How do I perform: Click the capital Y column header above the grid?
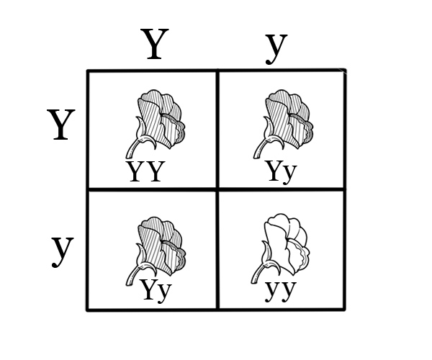pos(156,45)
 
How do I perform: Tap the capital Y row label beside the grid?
pos(61,125)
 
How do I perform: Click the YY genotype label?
pos(146,172)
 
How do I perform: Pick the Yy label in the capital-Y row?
pos(281,172)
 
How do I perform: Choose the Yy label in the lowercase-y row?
pos(156,289)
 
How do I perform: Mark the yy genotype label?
pos(281,289)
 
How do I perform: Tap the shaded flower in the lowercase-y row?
pos(161,245)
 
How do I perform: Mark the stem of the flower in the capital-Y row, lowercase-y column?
pos(261,148)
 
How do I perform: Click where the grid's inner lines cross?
pos(217,189)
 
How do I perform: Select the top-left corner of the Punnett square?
pos(88,71)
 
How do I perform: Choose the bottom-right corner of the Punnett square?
pos(344,310)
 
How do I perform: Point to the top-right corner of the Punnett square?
pos(345,71)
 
